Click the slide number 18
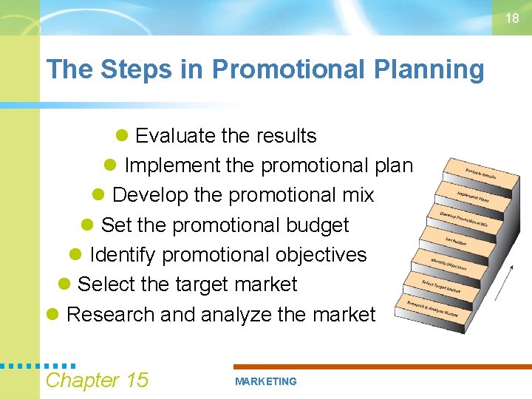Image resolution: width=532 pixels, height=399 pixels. pyautogui.click(x=512, y=18)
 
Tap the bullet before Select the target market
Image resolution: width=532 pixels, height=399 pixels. pyautogui.click(x=64, y=284)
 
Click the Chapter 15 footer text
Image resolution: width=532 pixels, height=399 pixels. pyautogui.click(x=97, y=380)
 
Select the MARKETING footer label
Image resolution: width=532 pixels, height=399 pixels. pyautogui.click(x=265, y=381)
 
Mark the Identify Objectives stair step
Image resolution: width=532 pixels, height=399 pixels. pyautogui.click(x=449, y=263)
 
